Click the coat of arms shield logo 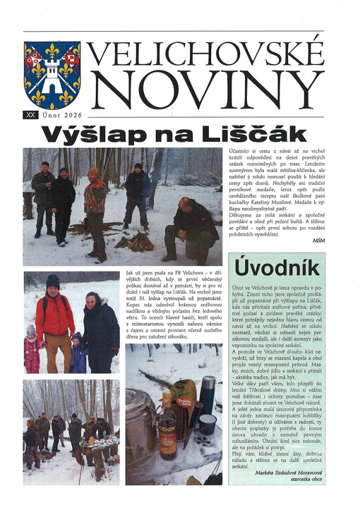tap(52, 73)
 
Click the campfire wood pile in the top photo tap(135, 242)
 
